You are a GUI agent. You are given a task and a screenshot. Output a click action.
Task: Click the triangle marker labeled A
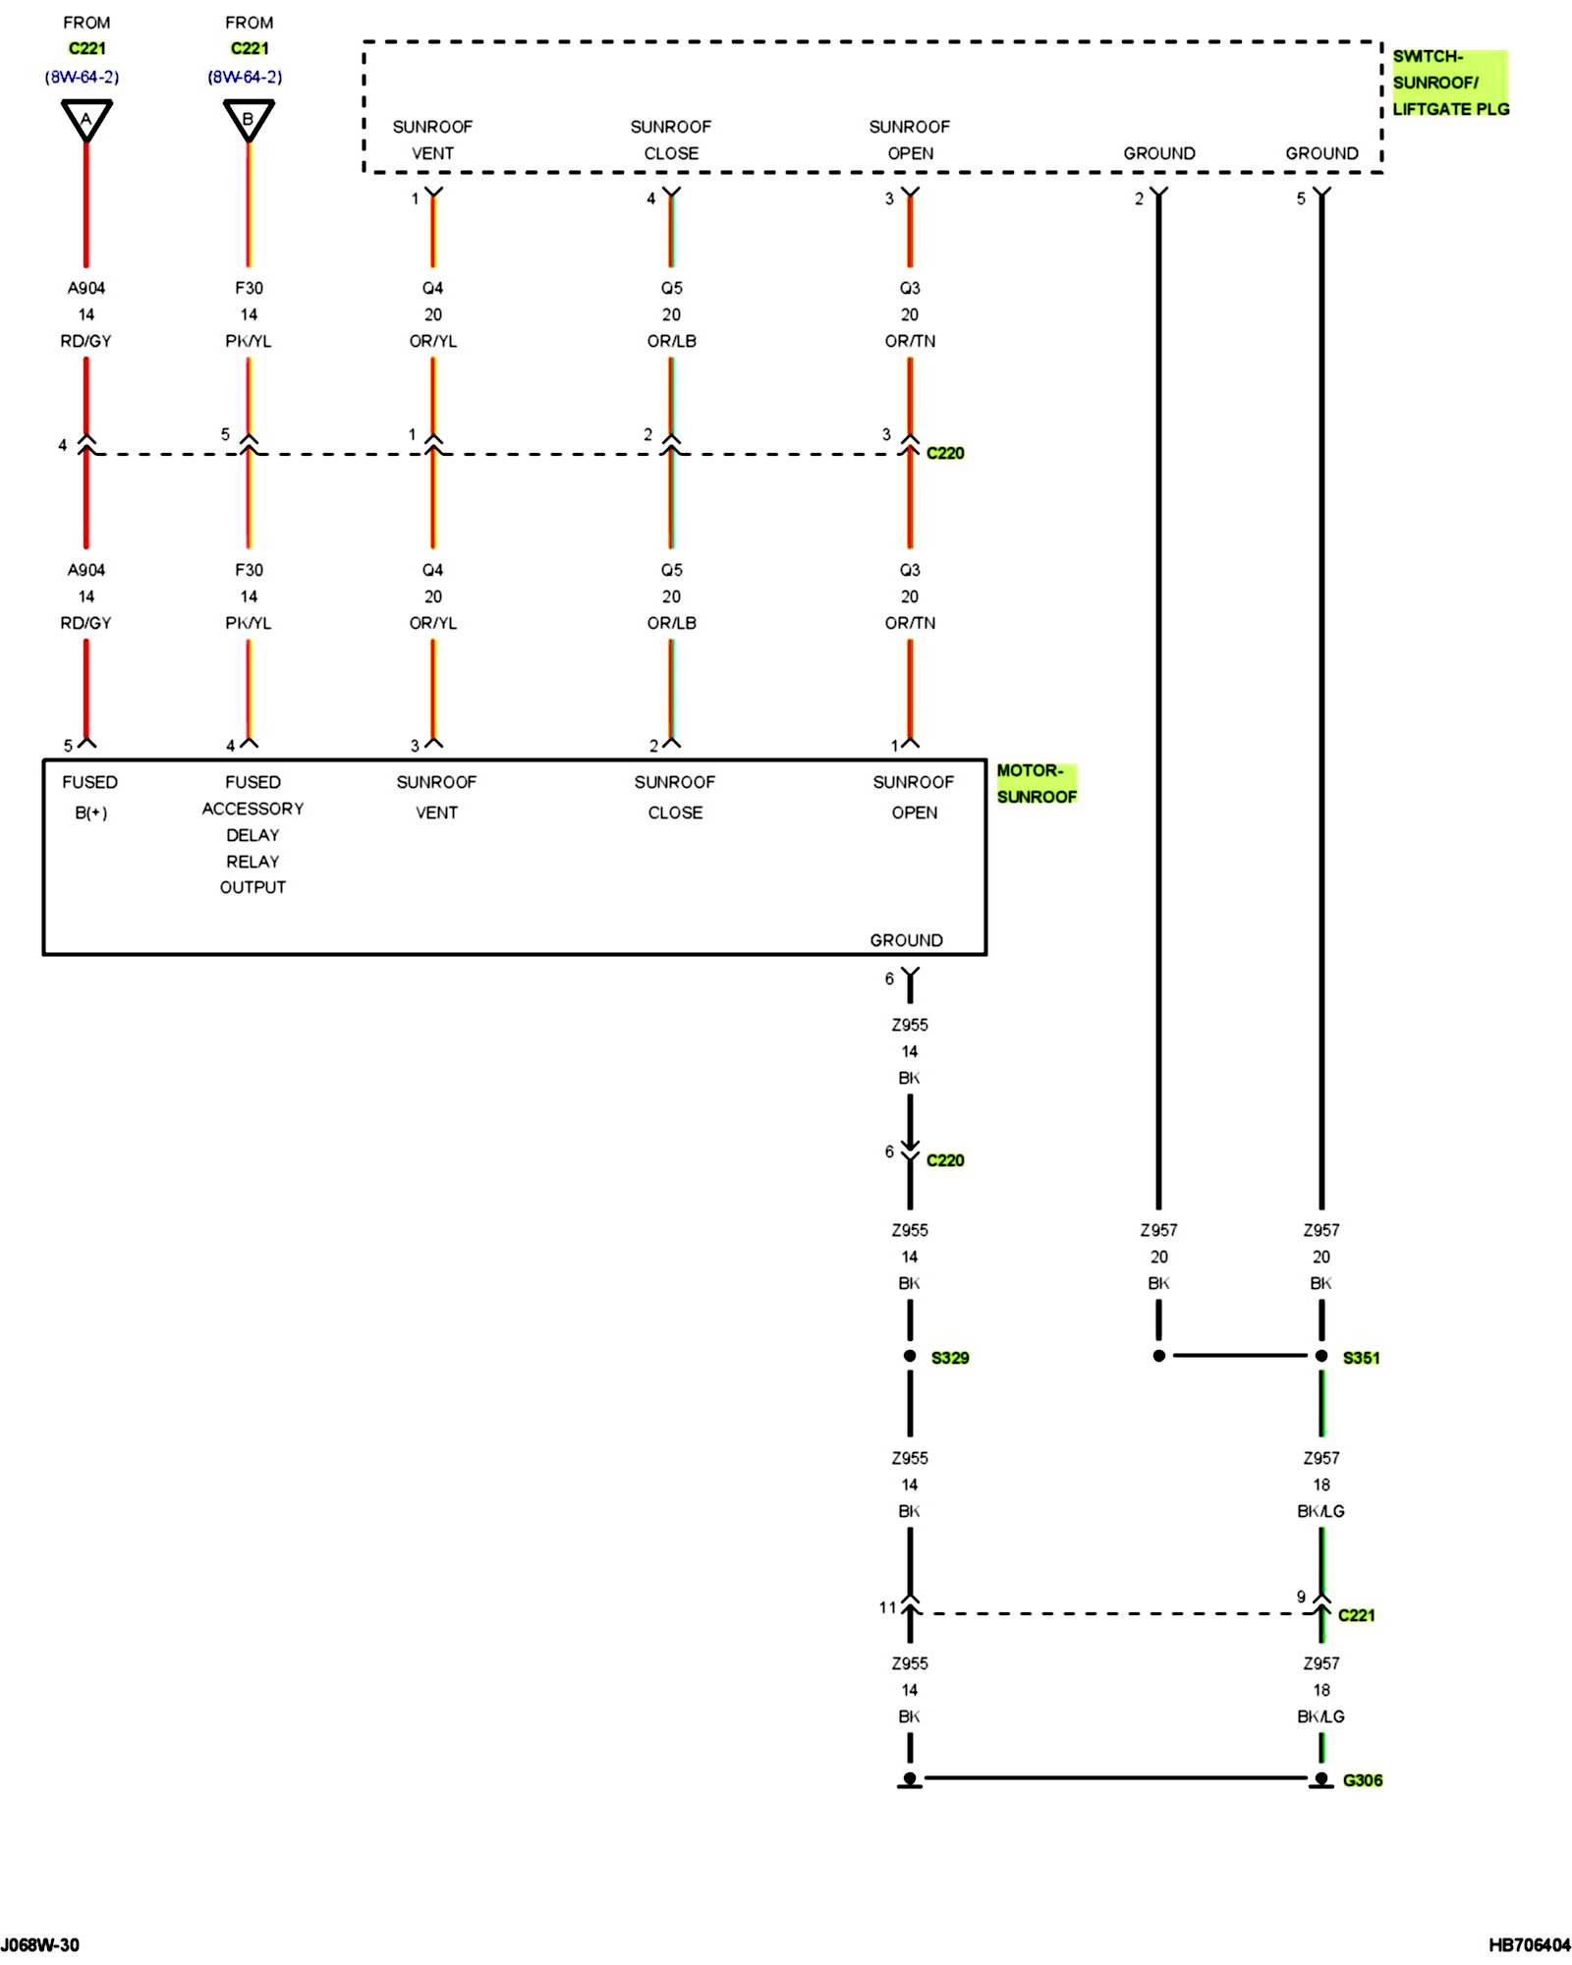tap(86, 119)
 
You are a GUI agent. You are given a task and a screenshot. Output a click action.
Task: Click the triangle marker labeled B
tap(249, 119)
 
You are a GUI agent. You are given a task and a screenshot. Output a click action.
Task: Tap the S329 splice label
tap(949, 1358)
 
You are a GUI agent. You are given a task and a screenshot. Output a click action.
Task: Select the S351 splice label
tap(1361, 1358)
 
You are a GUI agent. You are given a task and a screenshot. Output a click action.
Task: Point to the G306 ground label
tap(1362, 1780)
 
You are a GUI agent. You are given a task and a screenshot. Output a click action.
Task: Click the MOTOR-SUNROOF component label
tap(1036, 783)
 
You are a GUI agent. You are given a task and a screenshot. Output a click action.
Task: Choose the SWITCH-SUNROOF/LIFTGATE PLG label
tap(1449, 83)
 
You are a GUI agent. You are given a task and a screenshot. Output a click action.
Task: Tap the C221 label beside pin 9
tap(1356, 1615)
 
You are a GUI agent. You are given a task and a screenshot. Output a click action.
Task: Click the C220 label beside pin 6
tap(945, 1160)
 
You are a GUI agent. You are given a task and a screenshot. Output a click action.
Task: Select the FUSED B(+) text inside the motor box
tap(90, 797)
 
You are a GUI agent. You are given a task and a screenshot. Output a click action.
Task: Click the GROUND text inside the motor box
tap(906, 940)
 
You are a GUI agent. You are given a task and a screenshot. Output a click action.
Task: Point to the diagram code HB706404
tap(1529, 1944)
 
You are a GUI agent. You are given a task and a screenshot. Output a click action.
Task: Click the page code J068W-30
tap(40, 1944)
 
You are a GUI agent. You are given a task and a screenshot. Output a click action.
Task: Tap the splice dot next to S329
tap(910, 1356)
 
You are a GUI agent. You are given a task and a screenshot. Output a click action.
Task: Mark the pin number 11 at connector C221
tap(887, 1607)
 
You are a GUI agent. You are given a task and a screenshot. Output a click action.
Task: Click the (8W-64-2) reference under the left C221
tap(82, 77)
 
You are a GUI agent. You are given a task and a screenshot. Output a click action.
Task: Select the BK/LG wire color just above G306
tap(1320, 1716)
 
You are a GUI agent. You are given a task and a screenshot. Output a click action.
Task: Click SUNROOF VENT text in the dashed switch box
tap(432, 140)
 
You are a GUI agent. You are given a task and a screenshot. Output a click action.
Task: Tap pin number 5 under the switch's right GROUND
tap(1301, 198)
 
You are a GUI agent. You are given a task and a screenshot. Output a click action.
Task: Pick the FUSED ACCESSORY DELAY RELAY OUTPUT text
tap(253, 834)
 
